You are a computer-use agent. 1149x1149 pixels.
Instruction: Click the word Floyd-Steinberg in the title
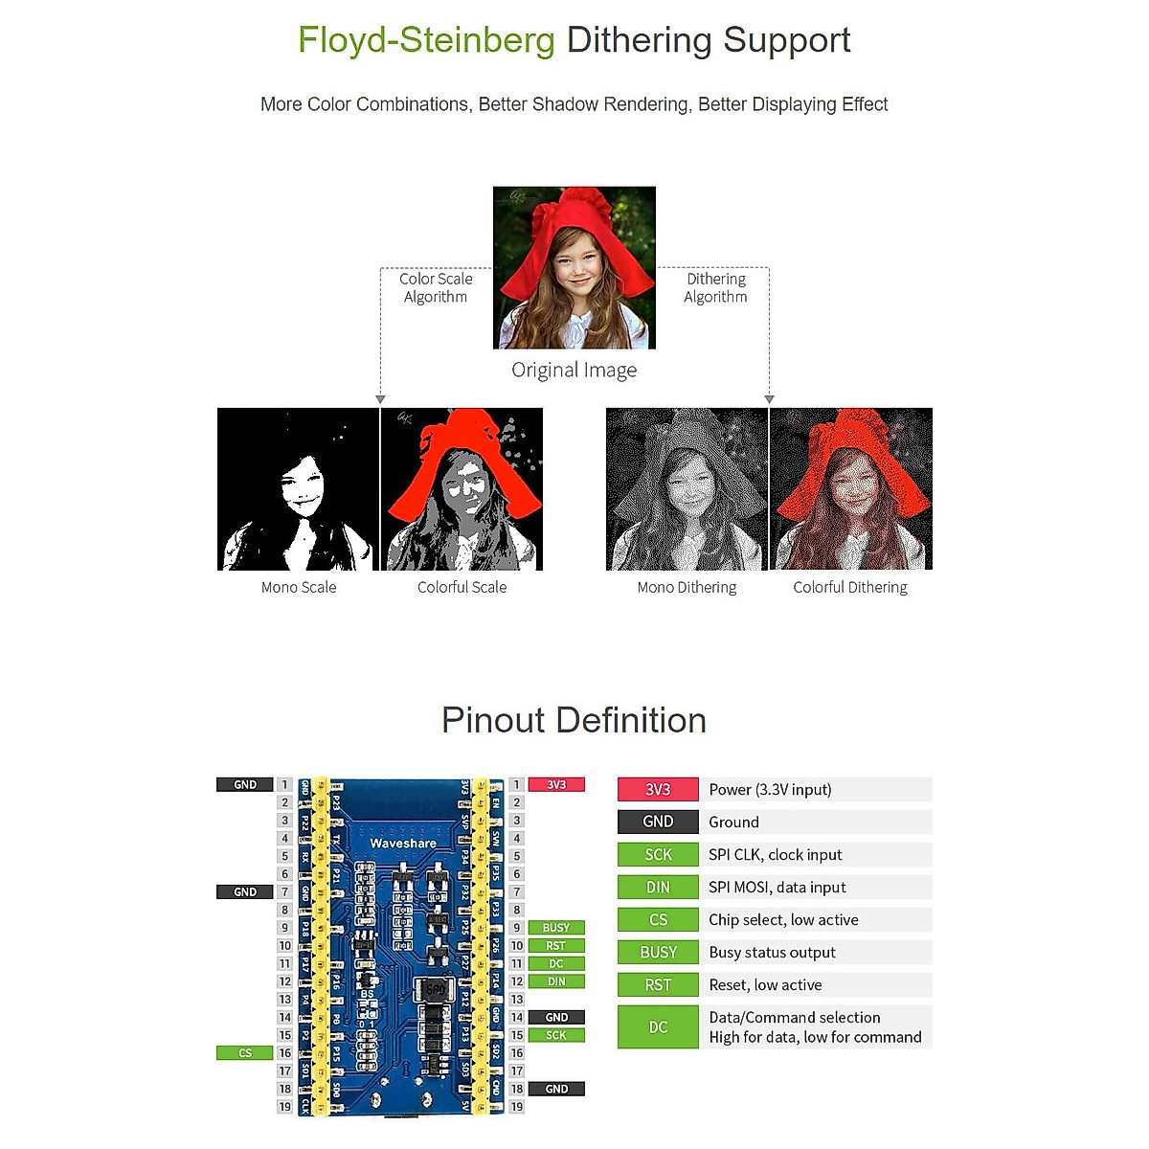point(426,40)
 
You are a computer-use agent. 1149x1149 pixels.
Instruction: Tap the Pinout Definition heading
point(574,720)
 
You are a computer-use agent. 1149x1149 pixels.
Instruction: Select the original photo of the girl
point(574,267)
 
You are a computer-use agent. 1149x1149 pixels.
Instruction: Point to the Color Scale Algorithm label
point(436,287)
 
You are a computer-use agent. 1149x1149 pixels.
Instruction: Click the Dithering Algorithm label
point(715,287)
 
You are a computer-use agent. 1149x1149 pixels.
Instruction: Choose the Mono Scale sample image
point(299,489)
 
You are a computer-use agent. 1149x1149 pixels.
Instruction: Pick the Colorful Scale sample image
point(462,489)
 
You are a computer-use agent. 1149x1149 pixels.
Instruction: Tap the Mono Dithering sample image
point(687,489)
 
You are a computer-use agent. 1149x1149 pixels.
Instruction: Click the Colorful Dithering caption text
point(850,587)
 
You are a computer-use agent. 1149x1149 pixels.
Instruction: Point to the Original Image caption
point(574,371)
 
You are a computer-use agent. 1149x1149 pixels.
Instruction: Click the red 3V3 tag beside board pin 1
point(556,784)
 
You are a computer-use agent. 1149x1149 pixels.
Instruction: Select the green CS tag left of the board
point(245,1052)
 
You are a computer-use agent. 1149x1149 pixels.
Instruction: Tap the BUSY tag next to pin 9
point(556,927)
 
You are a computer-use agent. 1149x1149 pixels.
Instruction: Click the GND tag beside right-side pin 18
point(556,1089)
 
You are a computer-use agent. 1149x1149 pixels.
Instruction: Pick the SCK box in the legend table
point(658,854)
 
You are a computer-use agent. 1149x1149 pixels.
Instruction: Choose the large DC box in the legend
point(658,1026)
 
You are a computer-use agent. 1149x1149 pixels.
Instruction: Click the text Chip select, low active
point(783,919)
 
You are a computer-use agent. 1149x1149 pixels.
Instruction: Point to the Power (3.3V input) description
point(770,789)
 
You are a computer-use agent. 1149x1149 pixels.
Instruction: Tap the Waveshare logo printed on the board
point(403,844)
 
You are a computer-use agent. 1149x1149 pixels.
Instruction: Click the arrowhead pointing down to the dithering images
point(769,399)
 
